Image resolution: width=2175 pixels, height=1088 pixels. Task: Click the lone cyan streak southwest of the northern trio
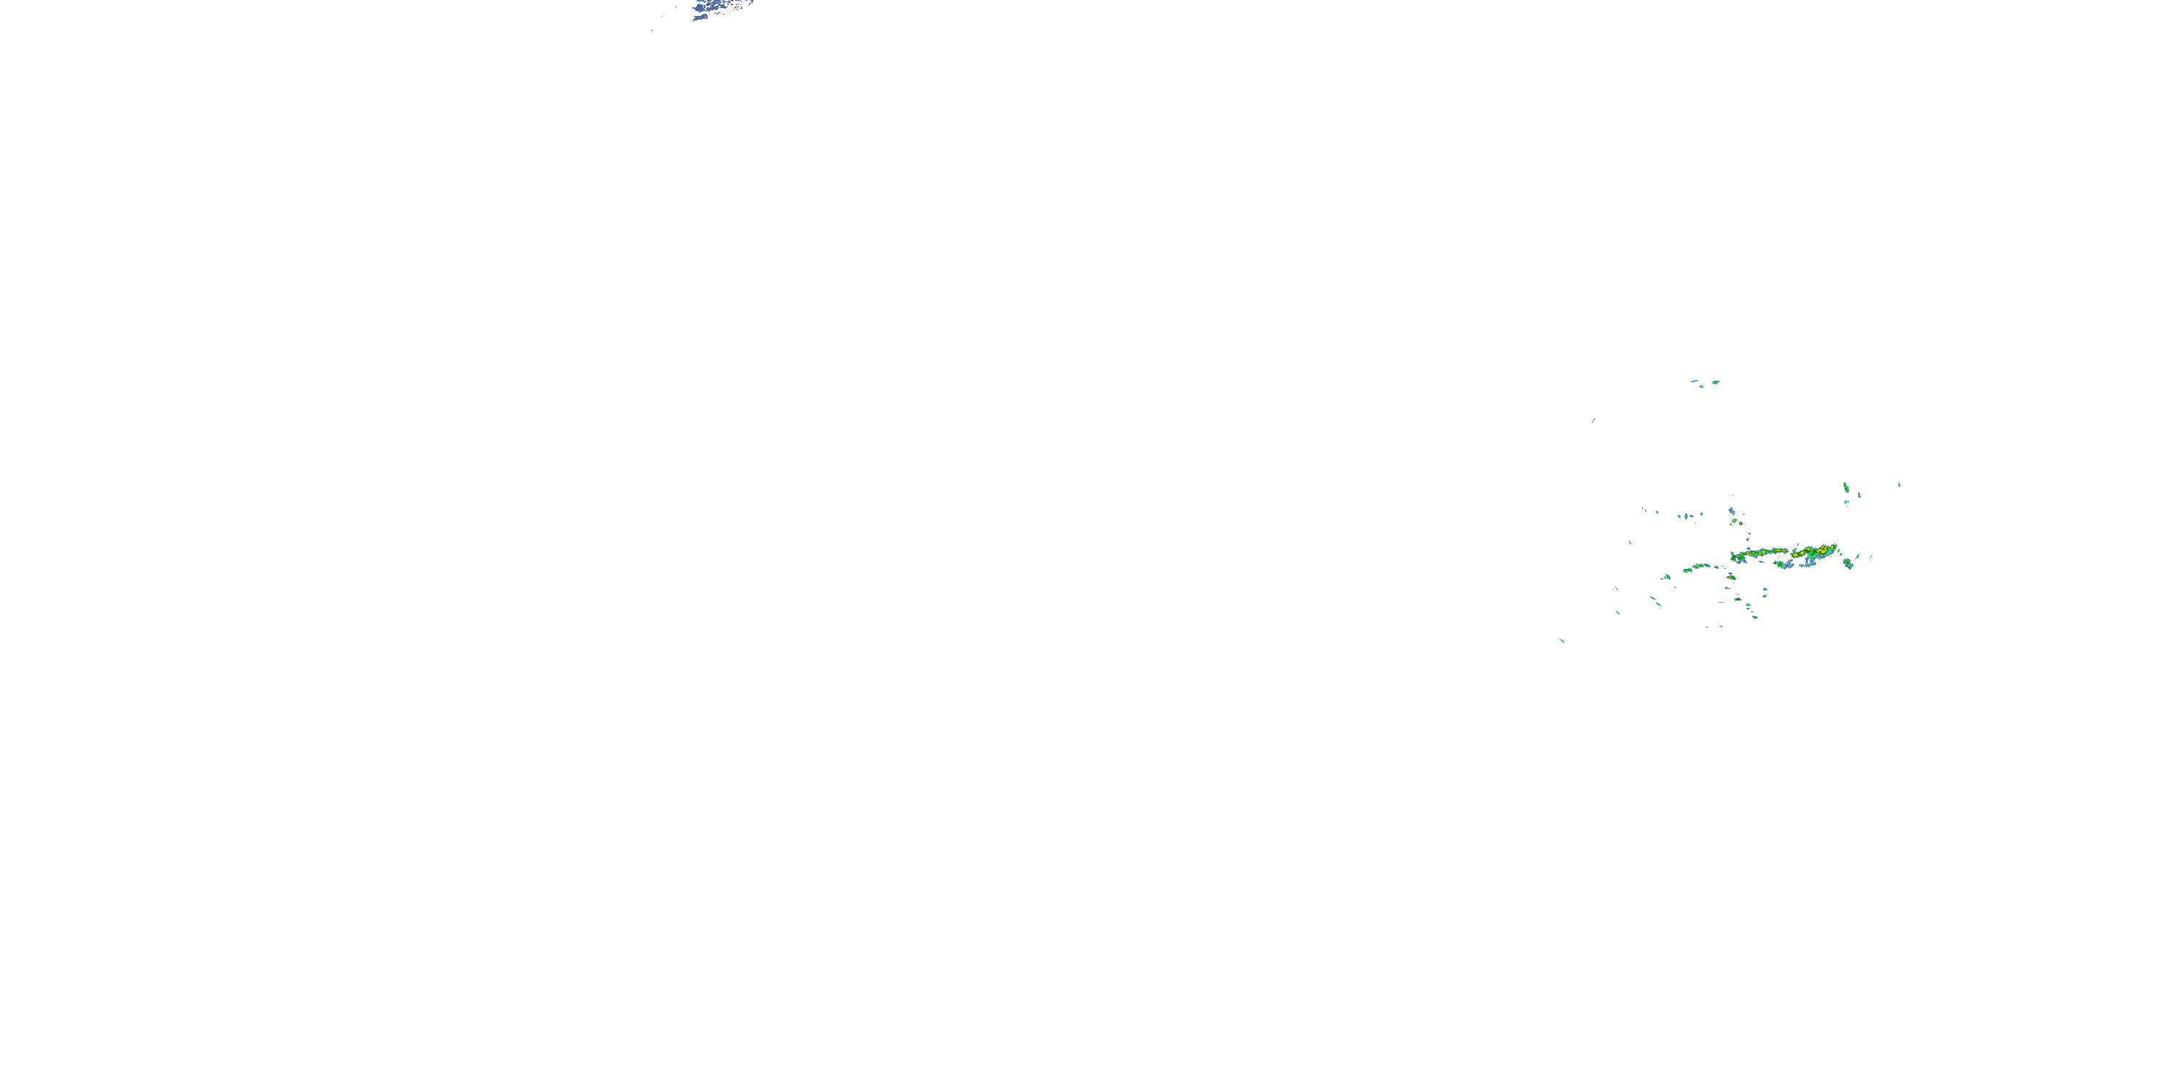pos(1594,420)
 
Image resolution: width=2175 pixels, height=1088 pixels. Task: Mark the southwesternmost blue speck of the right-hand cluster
pos(1562,640)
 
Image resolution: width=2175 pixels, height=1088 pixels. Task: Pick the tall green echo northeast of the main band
pos(1846,487)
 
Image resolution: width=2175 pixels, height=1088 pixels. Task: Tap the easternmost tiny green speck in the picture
pos(1899,484)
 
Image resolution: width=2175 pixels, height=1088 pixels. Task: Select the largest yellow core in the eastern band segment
pos(1822,551)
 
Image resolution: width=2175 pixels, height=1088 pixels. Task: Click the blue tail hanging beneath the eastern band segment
pos(1807,564)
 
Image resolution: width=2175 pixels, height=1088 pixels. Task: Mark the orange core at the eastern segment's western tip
pos(1796,554)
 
